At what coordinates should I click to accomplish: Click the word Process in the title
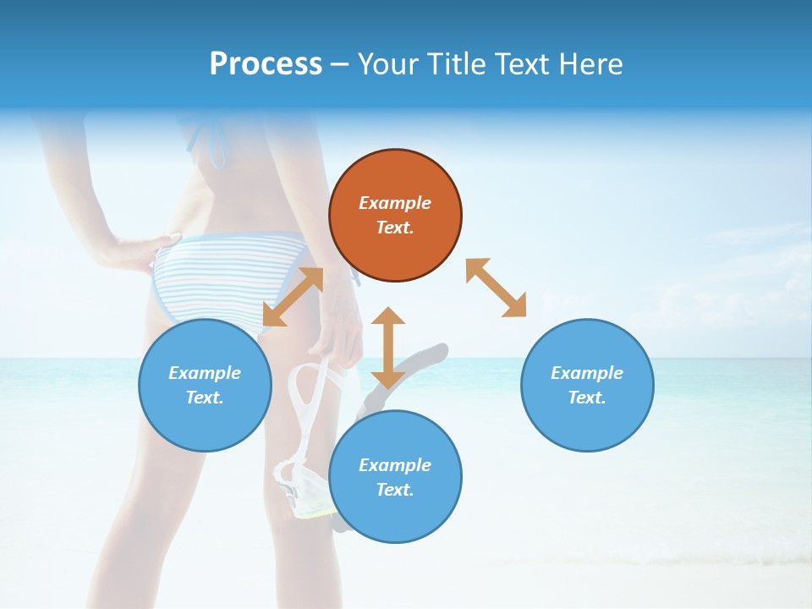pyautogui.click(x=266, y=64)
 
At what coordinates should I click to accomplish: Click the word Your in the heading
pyautogui.click(x=390, y=64)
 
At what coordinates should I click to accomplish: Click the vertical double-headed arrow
pyautogui.click(x=388, y=348)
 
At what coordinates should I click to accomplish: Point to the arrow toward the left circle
pyautogui.click(x=293, y=297)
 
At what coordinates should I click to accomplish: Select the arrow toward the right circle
pyautogui.click(x=496, y=288)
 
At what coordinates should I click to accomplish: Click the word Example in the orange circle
pyautogui.click(x=395, y=203)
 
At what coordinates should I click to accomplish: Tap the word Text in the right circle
pyautogui.click(x=585, y=398)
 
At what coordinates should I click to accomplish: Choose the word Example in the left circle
pyautogui.click(x=205, y=373)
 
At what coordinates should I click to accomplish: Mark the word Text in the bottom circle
pyautogui.click(x=393, y=490)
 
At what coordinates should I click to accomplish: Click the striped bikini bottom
pyautogui.click(x=228, y=271)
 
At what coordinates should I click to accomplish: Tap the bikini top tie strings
pyautogui.click(x=211, y=140)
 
